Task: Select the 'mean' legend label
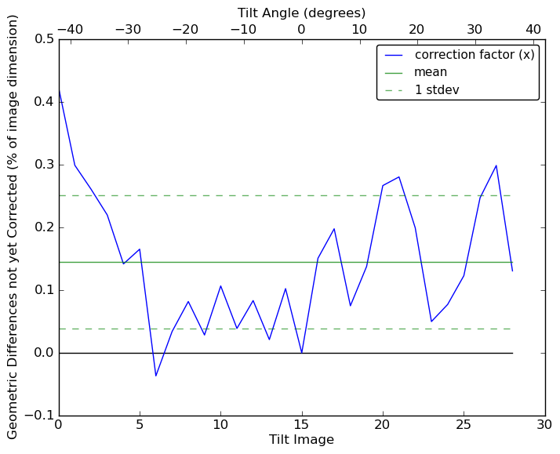(431, 72)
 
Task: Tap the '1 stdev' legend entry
(437, 89)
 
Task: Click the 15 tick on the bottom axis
(302, 424)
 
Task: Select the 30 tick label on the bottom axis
(545, 424)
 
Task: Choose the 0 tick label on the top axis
(301, 29)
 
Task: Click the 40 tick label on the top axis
(533, 29)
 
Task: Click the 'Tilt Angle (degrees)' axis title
(301, 13)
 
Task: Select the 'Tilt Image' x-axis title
(301, 440)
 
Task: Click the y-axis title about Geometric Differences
(13, 227)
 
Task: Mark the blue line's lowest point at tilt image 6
(155, 376)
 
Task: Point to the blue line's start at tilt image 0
(59, 89)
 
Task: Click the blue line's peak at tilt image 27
(496, 165)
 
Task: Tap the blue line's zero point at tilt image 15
(302, 353)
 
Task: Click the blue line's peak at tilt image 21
(399, 176)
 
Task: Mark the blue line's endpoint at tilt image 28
(512, 271)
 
